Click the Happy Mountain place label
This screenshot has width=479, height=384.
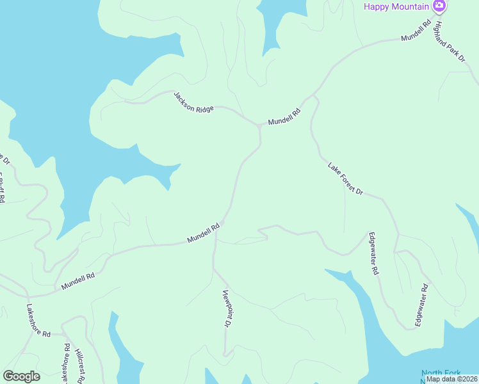click(397, 6)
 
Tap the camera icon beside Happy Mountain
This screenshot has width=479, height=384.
click(439, 6)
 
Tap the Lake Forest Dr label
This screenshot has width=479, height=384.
click(345, 179)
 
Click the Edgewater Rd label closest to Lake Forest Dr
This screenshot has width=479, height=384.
click(374, 253)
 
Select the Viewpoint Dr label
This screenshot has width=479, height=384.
click(226, 309)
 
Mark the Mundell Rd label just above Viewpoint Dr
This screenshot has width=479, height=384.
click(204, 232)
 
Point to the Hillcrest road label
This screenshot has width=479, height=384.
click(79, 367)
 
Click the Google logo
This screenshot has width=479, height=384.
click(21, 376)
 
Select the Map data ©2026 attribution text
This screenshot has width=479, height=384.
click(451, 379)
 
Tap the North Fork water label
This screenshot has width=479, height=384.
click(441, 373)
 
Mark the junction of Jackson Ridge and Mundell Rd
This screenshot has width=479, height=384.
click(259, 125)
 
